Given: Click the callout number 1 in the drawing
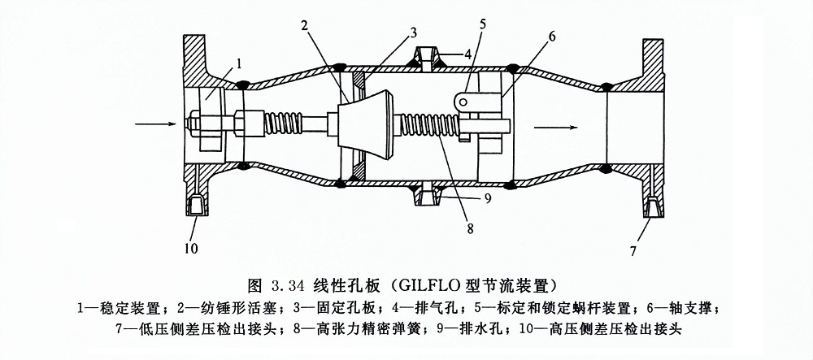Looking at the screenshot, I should pyautogui.click(x=241, y=62).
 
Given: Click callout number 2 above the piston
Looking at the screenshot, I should pyautogui.click(x=303, y=25).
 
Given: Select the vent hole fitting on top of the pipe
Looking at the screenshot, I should pyautogui.click(x=426, y=58).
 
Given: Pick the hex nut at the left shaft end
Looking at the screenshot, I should pyautogui.click(x=198, y=124).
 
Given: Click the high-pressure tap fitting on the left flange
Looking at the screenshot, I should pyautogui.click(x=196, y=206).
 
